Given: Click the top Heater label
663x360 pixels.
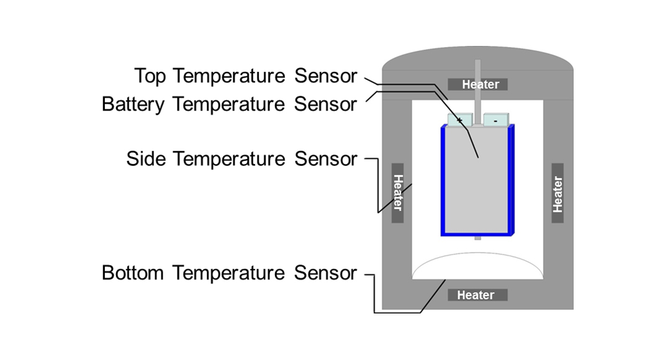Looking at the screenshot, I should [480, 84].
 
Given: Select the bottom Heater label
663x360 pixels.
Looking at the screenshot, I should [476, 295].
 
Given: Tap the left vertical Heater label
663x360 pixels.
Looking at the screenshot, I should [397, 192].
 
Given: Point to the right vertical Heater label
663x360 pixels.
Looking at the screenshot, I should [557, 194].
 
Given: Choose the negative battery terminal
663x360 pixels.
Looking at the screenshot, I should [495, 120].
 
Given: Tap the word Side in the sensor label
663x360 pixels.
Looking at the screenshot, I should [147, 159].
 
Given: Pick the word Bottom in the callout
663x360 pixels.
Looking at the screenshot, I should [133, 272].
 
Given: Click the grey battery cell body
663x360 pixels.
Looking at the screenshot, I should [478, 180].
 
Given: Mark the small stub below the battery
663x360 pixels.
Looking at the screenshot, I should [477, 238].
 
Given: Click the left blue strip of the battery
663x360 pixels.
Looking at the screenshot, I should [444, 180].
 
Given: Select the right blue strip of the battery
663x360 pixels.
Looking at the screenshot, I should [512, 180].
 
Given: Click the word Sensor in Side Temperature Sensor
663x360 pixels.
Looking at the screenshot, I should [326, 159].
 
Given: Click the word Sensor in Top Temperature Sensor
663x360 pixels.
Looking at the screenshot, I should [326, 76].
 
